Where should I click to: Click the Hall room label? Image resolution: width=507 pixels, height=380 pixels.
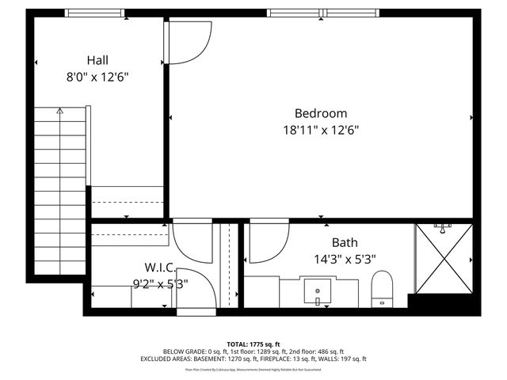point(98,60)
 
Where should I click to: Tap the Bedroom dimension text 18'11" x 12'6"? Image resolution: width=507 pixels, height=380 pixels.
point(321,131)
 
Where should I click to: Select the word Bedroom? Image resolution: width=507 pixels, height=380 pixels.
point(321,114)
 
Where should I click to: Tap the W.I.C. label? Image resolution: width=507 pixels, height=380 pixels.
point(159,268)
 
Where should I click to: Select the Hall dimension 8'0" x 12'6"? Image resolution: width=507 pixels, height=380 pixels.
point(98,77)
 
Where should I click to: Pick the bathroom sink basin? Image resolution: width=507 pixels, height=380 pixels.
point(318,291)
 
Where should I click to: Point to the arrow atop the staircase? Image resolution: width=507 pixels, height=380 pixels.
point(60,112)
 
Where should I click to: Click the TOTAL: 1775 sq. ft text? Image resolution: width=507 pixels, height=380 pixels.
point(253,344)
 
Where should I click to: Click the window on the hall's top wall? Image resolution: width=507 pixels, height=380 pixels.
point(94,12)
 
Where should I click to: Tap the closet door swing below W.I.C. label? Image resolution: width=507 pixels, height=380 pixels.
point(195,289)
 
